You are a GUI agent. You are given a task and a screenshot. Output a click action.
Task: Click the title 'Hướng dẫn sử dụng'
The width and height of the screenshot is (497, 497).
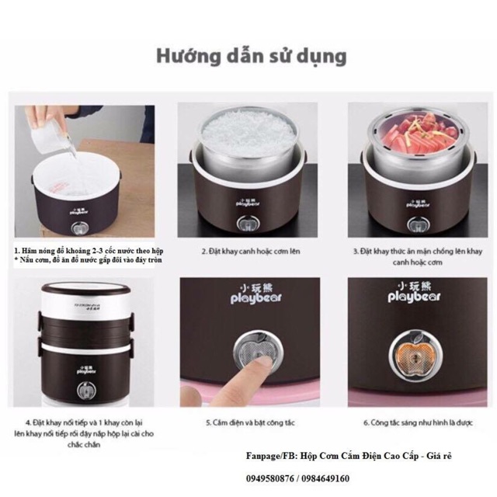(x=249, y=57)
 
